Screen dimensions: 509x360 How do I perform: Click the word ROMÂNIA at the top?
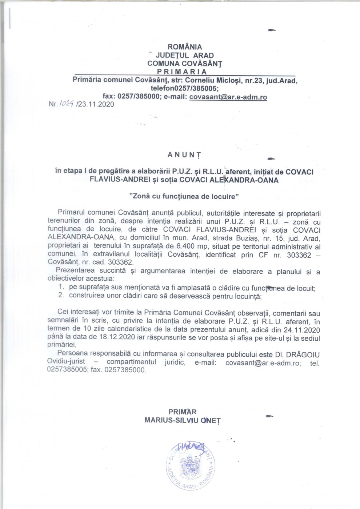click(x=184, y=47)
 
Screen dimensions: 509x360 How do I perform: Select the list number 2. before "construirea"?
click(x=61, y=296)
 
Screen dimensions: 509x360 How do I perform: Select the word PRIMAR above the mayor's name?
click(x=182, y=412)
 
